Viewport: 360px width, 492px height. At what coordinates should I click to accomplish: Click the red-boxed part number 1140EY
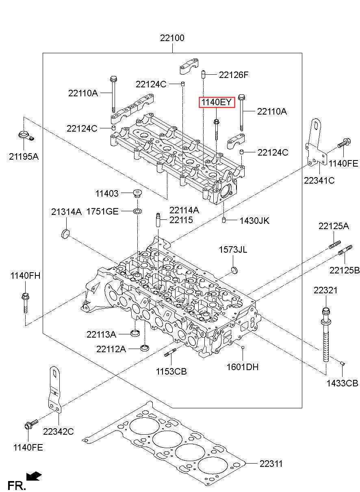coord(217,102)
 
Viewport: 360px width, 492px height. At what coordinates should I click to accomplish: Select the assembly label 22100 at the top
coord(172,38)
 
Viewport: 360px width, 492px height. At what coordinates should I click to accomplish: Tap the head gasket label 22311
coord(271,464)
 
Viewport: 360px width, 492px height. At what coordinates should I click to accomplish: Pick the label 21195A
coord(24,156)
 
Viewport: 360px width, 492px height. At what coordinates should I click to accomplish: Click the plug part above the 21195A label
coord(25,135)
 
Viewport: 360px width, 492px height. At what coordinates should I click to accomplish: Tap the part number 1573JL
coord(233,249)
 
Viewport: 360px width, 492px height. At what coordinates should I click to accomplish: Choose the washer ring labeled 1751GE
coord(137,211)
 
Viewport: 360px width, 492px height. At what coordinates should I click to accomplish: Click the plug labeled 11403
coord(137,193)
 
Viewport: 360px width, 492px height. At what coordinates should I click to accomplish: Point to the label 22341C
coord(319,180)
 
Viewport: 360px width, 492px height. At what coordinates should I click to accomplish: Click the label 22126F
coord(234,75)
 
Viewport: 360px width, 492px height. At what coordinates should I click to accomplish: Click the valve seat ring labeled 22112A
coord(145,348)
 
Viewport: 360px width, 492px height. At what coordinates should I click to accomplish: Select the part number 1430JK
coord(254,221)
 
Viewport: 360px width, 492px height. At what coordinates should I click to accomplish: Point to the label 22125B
coord(345,270)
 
